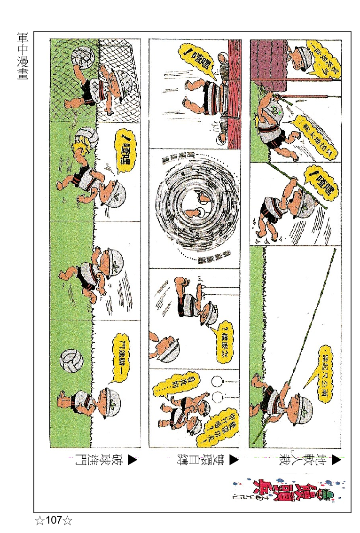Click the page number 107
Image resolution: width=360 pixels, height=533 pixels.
54,520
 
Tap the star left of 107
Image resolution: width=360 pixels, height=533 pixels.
39,521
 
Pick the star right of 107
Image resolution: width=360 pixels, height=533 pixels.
69,521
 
